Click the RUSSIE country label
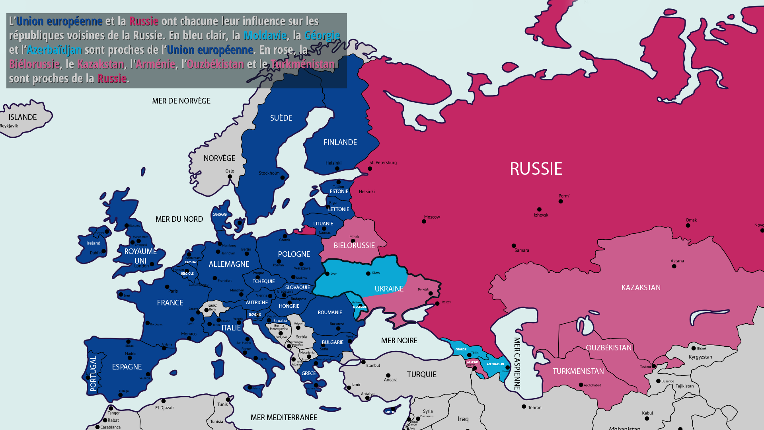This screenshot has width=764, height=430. click(536, 169)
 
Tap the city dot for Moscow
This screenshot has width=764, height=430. click(424, 221)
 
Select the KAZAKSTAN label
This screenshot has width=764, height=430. click(641, 287)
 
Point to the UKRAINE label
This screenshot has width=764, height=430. click(389, 289)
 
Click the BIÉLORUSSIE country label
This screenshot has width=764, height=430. click(354, 245)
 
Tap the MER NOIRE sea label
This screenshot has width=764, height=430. click(399, 340)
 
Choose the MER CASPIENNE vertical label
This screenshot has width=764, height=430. click(517, 363)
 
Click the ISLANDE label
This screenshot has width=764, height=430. click(23, 117)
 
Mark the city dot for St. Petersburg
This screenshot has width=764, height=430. click(370, 169)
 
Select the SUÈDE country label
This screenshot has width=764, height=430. click(281, 118)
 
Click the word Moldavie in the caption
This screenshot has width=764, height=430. click(265, 35)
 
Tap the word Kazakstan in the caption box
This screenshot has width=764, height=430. click(101, 64)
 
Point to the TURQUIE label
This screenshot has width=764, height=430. click(421, 374)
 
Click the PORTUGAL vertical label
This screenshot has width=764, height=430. click(93, 373)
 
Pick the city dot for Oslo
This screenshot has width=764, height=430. click(230, 177)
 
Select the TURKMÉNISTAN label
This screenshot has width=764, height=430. click(578, 371)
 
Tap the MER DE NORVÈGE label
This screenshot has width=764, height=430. click(181, 101)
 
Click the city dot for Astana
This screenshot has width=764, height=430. click(674, 266)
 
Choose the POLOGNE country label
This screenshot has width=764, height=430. click(294, 254)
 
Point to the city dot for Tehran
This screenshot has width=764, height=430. click(524, 407)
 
